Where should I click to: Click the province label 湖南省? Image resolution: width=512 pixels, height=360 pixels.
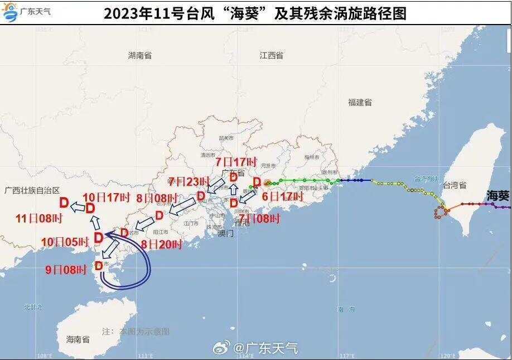[139, 55]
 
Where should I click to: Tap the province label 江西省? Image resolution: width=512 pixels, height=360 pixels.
[271, 55]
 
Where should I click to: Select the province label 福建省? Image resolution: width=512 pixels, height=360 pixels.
[360, 102]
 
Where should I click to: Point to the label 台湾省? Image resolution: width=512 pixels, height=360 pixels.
[455, 185]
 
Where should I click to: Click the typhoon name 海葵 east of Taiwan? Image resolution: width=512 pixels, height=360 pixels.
[497, 195]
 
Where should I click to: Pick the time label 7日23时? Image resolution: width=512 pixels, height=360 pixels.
[189, 182]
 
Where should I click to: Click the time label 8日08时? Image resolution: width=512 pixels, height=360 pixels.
[157, 198]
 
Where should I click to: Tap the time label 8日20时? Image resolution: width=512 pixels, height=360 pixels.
[162, 244]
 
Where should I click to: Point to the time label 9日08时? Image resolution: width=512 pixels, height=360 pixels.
[66, 270]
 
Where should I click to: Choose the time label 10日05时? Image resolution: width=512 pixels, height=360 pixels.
[65, 242]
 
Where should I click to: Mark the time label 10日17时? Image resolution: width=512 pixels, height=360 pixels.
[106, 197]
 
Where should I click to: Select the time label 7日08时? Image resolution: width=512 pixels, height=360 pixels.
[259, 218]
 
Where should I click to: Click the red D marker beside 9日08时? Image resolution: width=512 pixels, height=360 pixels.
[99, 266]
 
